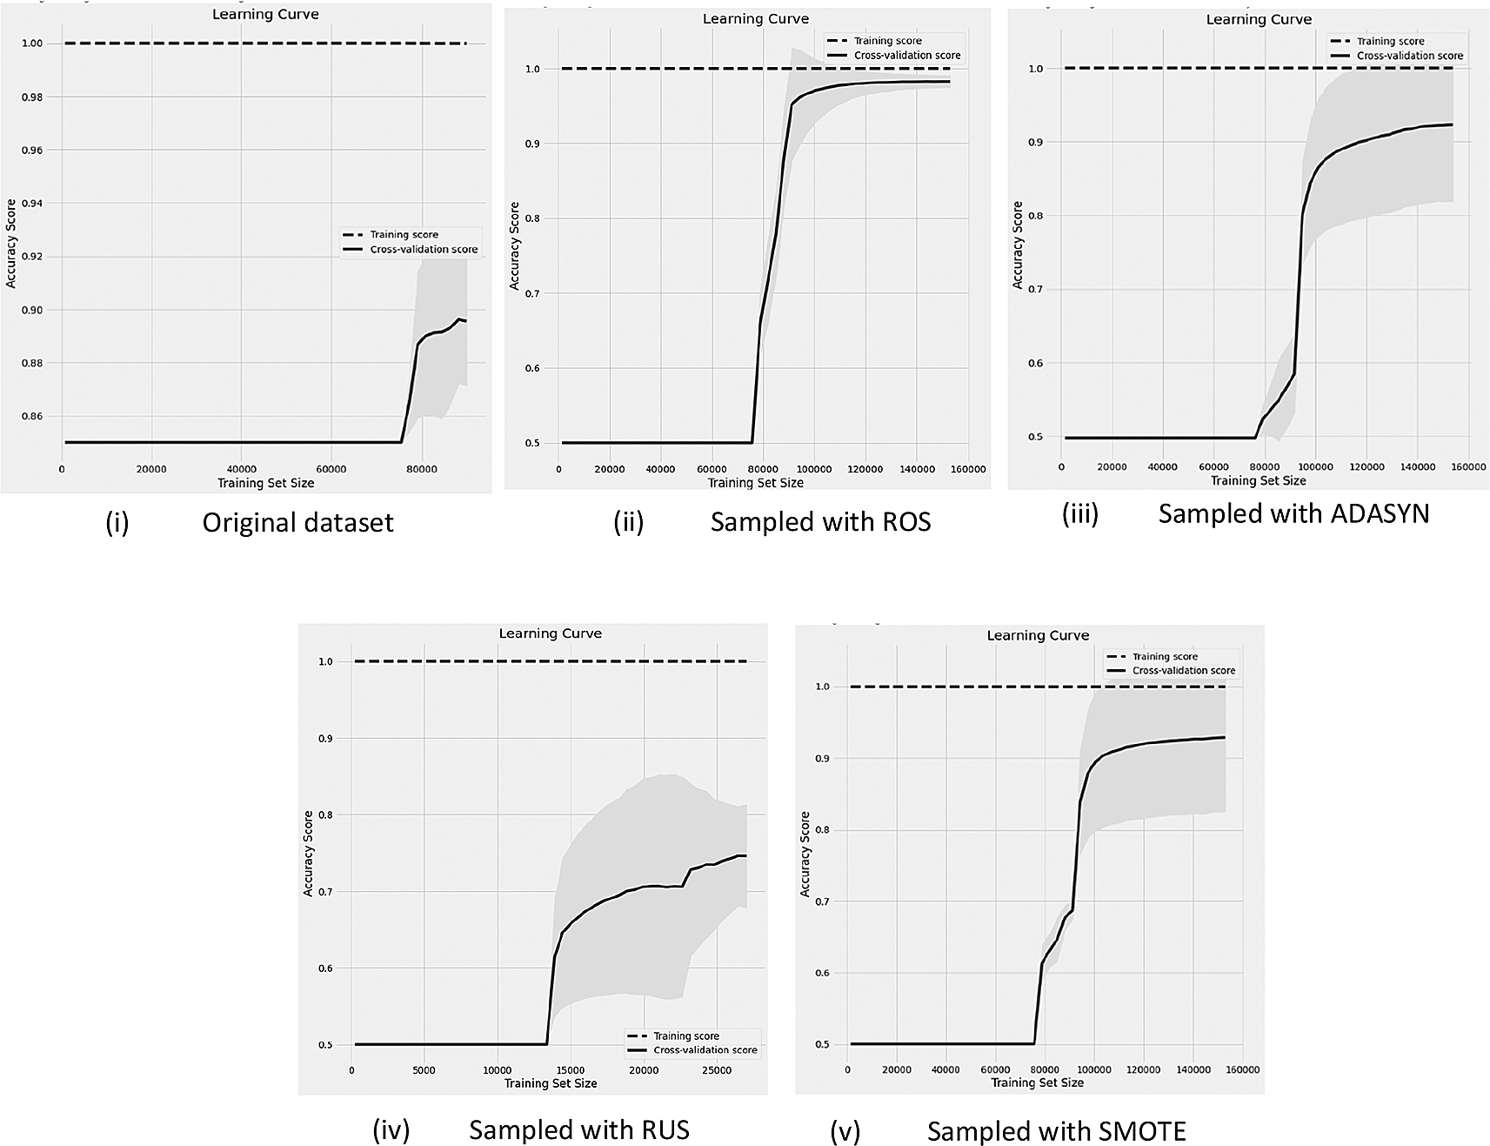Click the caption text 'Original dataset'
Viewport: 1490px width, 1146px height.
coord(297,522)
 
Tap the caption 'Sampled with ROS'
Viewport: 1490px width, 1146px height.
coord(820,521)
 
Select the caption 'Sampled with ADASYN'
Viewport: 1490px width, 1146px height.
coord(1293,513)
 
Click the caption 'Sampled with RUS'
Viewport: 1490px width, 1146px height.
coord(578,1129)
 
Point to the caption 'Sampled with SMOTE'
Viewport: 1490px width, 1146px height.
coord(1056,1131)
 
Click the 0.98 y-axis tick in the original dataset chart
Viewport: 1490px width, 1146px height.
coord(32,97)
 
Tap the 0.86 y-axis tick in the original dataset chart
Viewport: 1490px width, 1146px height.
coord(32,416)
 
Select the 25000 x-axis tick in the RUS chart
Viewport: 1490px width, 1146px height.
coord(716,1070)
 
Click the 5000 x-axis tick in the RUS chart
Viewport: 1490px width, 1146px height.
coord(424,1070)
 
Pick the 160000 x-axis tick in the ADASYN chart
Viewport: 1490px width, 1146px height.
coord(1468,467)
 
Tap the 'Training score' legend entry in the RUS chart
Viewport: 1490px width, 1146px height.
coord(685,1035)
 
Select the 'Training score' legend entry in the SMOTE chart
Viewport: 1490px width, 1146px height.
coord(1165,656)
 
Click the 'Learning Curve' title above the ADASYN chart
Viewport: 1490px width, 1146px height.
coord(1258,19)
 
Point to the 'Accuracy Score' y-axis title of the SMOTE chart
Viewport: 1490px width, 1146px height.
coord(805,854)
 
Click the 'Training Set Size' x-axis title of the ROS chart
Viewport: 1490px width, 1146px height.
coord(755,482)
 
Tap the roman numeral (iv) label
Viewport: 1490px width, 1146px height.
coord(391,1129)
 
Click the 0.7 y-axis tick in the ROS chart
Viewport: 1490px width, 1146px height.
coord(531,293)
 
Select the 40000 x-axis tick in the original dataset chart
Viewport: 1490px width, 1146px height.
coord(241,469)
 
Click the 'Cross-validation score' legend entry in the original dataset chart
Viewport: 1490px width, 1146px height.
coord(424,249)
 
